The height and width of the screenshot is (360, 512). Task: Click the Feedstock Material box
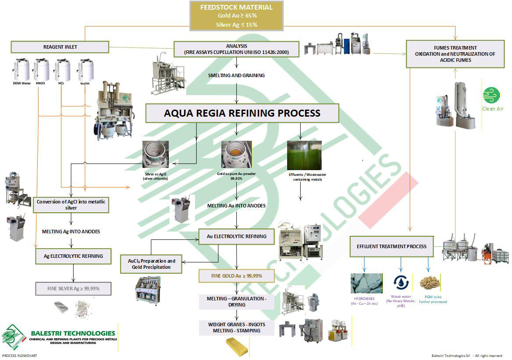[236, 16]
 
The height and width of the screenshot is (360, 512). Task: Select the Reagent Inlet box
[60, 47]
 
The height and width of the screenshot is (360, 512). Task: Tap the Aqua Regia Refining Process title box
[242, 113]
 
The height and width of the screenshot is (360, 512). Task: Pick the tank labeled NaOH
[85, 70]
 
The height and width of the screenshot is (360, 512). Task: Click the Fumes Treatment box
[455, 54]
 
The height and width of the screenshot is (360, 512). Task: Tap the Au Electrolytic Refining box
[237, 236]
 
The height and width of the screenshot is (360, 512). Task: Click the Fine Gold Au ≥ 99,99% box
[237, 276]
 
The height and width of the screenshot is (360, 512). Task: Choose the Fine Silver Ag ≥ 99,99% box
[73, 289]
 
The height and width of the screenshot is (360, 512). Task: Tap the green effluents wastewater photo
[304, 156]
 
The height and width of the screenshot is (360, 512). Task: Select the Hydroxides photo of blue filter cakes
[366, 283]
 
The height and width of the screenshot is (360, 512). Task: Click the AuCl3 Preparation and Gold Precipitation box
[151, 264]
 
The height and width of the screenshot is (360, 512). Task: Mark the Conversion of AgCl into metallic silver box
[71, 205]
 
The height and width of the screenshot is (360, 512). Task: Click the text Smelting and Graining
[236, 75]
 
